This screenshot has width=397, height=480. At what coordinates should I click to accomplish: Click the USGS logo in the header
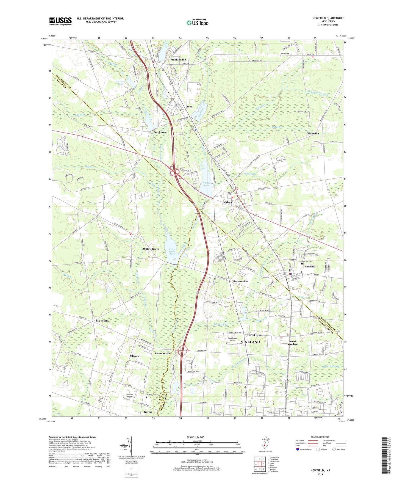[60, 21]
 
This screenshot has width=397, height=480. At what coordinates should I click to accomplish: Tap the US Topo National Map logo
[197, 22]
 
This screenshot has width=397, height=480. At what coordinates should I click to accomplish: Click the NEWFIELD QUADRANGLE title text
[328, 18]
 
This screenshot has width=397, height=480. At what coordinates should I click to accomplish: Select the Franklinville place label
[178, 60]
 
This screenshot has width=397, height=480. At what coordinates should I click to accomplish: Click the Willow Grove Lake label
[172, 252]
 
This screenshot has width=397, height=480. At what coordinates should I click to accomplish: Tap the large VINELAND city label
[250, 342]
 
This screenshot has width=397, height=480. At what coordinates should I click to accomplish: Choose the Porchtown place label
[160, 132]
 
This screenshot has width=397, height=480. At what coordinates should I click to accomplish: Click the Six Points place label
[102, 321]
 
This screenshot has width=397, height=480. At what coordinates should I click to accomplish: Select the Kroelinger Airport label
[232, 339]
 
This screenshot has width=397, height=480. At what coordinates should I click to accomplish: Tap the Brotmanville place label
[163, 353]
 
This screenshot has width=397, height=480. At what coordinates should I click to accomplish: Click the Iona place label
[190, 106]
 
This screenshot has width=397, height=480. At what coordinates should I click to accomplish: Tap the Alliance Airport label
[130, 395]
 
